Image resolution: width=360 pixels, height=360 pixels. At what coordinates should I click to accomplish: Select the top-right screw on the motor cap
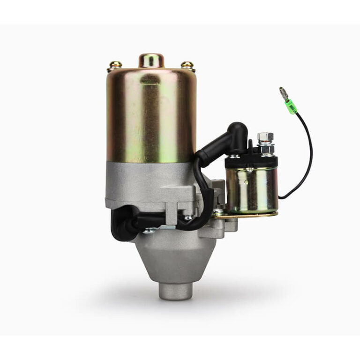(x=188, y=65)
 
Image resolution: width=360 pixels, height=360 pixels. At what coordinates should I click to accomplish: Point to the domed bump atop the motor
(x=151, y=60)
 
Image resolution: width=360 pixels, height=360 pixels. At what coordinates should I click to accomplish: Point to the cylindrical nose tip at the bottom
(x=175, y=291)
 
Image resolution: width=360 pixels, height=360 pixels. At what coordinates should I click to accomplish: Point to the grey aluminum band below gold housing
(x=150, y=180)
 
